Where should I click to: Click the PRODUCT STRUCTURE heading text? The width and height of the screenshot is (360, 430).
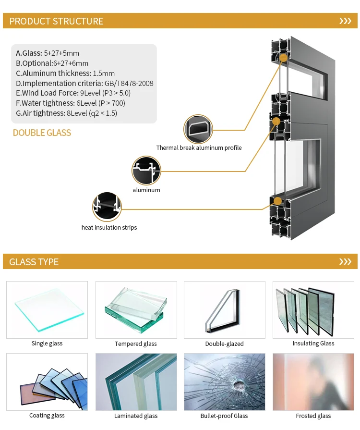tap(56, 21)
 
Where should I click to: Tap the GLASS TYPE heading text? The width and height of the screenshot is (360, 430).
tap(34, 262)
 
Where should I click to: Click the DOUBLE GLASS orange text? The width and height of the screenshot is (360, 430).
tap(42, 133)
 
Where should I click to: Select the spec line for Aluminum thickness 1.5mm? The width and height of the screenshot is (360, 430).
tap(65, 73)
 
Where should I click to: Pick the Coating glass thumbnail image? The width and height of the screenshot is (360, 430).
tap(47, 382)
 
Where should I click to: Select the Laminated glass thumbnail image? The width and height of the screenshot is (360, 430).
tap(136, 382)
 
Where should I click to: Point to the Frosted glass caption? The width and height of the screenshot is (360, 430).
tap(313, 416)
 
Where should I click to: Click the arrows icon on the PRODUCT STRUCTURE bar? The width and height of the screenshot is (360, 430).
tap(345, 21)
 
